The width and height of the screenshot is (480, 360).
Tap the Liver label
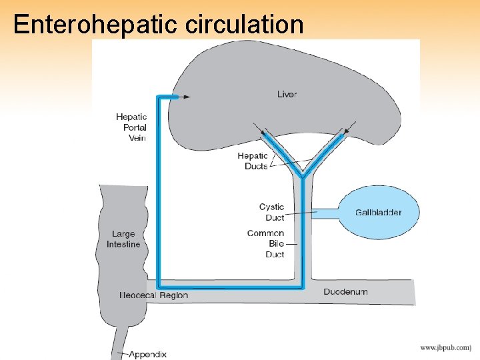pos(287,94)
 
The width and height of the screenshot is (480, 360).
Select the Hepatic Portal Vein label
pos(131,127)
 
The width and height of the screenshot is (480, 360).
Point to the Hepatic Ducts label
pos(253,161)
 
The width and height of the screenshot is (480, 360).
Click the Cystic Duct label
pos(271,212)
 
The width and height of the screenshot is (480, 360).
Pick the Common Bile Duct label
pos(266,243)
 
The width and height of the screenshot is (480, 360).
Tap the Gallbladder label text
pos(378,213)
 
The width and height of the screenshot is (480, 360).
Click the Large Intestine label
pos(123,239)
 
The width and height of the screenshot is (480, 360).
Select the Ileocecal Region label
pos(154,295)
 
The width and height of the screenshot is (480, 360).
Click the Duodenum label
pos(345,291)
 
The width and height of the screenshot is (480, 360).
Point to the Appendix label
pos(147,354)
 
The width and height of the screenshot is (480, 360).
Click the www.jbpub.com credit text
pos(445,347)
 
